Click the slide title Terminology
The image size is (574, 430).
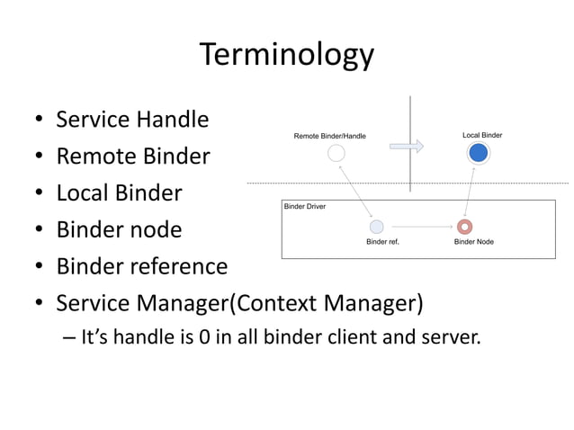click(x=286, y=55)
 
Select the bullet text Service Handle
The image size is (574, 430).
click(x=132, y=120)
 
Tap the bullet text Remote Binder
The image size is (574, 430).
click(x=132, y=157)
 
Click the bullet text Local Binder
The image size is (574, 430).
click(x=119, y=193)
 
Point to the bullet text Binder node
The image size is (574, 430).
click(x=119, y=229)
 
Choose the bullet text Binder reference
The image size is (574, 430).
click(x=141, y=266)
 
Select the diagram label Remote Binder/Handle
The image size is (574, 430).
click(x=329, y=136)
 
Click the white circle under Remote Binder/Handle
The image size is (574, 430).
click(x=336, y=153)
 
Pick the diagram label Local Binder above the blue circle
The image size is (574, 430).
click(x=482, y=135)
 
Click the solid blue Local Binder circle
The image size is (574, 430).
click(x=479, y=153)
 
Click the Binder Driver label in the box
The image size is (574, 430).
click(x=305, y=206)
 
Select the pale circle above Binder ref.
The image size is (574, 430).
click(x=377, y=227)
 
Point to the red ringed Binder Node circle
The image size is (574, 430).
click(x=465, y=227)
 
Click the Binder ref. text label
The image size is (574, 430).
click(x=382, y=242)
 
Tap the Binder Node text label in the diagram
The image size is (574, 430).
click(x=473, y=242)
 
